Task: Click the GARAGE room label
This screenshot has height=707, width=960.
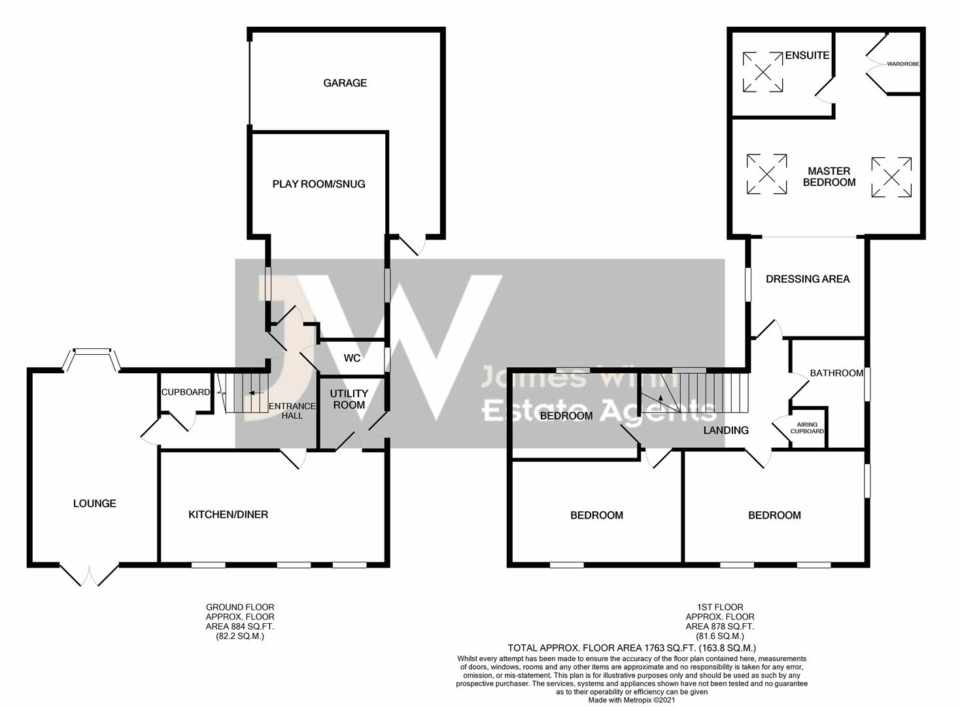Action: (x=345, y=82)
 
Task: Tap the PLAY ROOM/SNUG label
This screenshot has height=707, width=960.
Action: (x=319, y=184)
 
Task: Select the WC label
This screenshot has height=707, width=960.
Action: (x=352, y=358)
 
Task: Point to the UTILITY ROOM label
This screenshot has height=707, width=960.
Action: (x=349, y=399)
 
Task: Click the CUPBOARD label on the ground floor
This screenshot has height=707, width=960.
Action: (x=186, y=392)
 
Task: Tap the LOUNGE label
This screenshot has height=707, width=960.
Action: (x=95, y=503)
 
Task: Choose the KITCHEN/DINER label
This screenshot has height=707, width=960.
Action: (x=228, y=515)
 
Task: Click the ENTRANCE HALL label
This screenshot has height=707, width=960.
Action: (x=292, y=410)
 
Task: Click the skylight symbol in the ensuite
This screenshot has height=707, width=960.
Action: (x=763, y=72)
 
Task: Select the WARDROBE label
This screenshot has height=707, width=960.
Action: (x=903, y=64)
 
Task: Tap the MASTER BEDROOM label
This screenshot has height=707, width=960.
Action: (x=829, y=177)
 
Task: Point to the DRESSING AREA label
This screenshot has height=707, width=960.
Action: (x=808, y=280)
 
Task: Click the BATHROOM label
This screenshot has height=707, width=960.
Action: (x=836, y=373)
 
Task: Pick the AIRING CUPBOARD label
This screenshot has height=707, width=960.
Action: (x=808, y=427)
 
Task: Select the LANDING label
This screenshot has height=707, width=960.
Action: (x=726, y=430)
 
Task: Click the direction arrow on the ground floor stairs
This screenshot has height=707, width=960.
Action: (x=256, y=393)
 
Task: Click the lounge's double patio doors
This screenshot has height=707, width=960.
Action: (x=89, y=575)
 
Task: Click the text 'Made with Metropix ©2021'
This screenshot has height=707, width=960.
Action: (x=632, y=700)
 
